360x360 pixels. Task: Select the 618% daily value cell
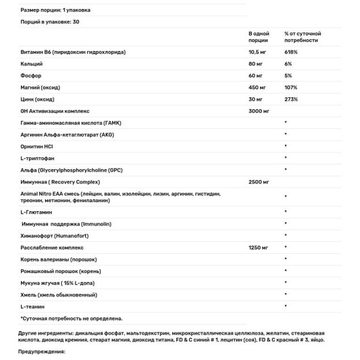pos(291,53)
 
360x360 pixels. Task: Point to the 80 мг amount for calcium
pos(257,64)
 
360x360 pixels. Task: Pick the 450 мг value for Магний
pos(258,88)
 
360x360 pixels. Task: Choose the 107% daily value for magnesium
pos(291,88)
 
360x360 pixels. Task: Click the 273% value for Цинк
pos(291,99)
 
